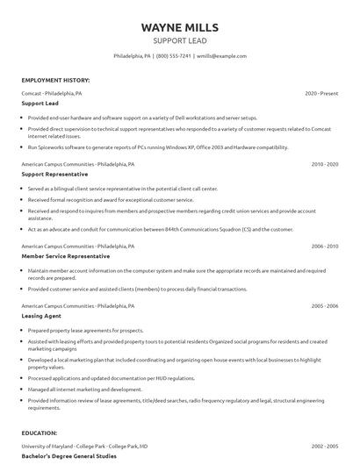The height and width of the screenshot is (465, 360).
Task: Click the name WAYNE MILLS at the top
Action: coord(180,27)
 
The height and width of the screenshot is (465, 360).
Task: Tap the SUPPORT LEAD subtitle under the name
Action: coord(180,40)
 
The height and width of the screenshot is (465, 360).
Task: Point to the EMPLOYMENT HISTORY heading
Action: coord(55,80)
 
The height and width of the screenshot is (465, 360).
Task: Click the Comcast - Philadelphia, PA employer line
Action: coord(52,93)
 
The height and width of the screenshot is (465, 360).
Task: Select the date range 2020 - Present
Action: coord(321,93)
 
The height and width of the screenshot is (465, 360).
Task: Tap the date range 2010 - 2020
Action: coord(324,164)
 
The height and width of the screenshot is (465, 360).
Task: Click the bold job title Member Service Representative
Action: coord(66,256)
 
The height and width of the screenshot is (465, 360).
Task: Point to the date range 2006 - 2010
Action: coord(324,247)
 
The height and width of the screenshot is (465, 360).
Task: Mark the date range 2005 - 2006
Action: coord(324,305)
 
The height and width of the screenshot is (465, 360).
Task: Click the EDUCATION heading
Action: coord(42,433)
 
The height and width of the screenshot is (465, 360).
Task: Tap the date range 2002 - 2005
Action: coord(324,447)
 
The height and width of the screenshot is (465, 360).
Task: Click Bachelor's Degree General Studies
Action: coord(69,456)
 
